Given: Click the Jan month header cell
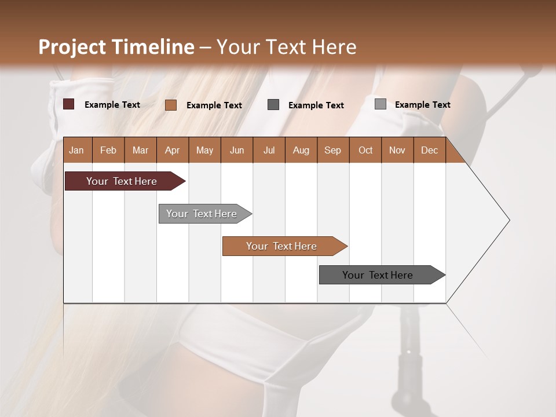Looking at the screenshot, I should (77, 150).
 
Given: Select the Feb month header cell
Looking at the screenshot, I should (108, 150).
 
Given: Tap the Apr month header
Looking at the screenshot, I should (173, 150).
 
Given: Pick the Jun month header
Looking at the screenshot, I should (237, 150).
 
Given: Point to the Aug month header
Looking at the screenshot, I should (301, 150).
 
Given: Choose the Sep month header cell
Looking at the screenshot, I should (333, 150).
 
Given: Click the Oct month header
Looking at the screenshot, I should (365, 150).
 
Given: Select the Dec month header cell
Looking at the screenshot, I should (430, 150).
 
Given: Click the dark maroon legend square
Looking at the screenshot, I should (69, 104).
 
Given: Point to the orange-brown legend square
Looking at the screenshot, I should (171, 105).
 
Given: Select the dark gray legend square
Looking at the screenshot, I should (273, 104).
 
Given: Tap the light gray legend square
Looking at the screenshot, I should (381, 104).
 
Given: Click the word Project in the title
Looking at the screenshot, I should (72, 47).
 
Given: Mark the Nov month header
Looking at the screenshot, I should (397, 150).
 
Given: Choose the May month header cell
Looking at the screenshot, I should (204, 150).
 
